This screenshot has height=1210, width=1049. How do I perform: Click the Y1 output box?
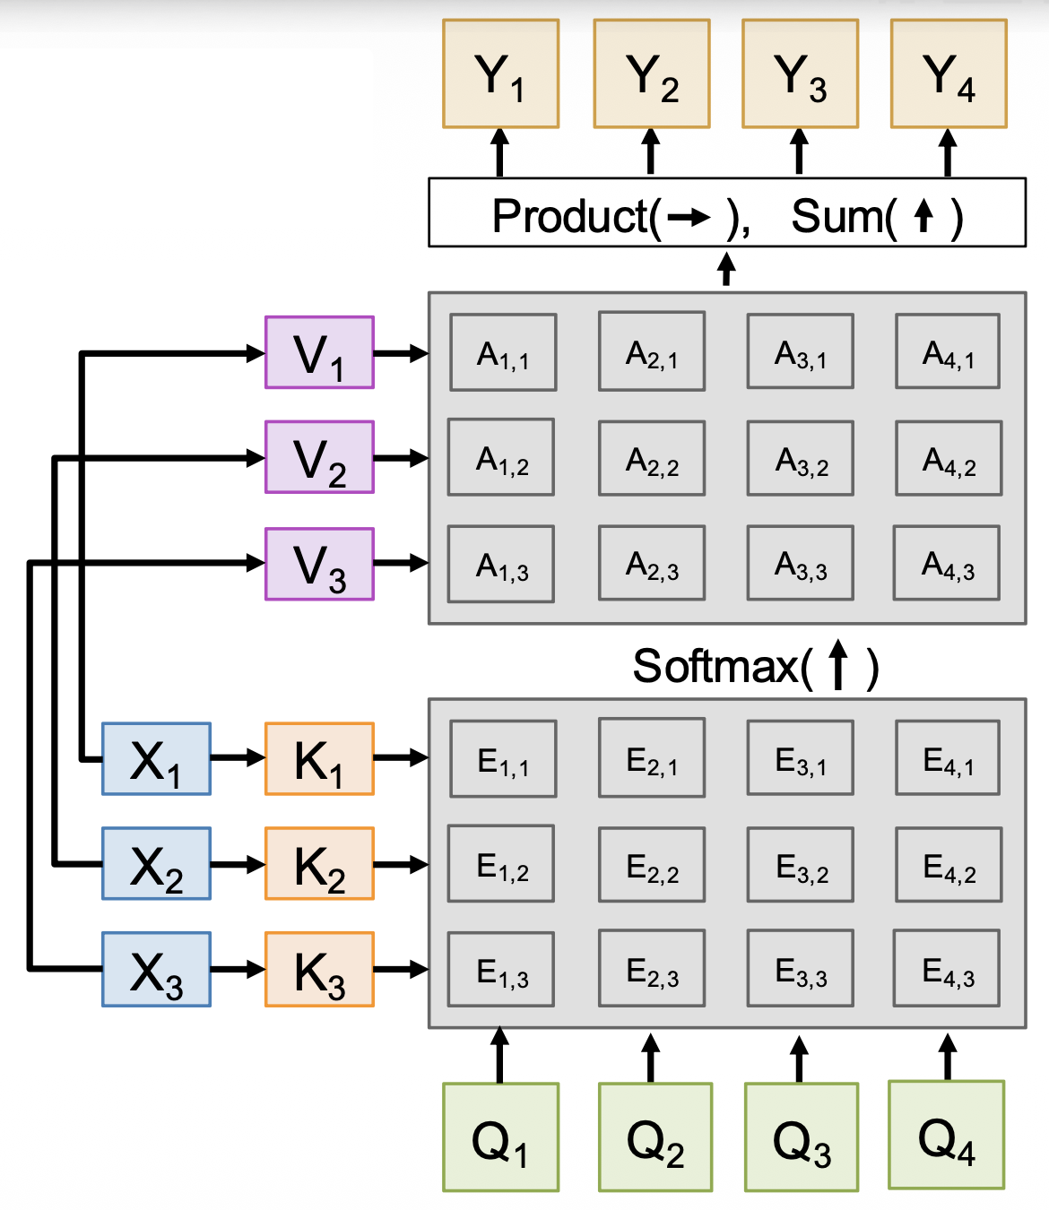pyautogui.click(x=500, y=73)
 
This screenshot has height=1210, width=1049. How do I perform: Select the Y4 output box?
pyautogui.click(x=949, y=73)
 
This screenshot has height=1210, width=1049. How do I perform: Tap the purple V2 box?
pyautogui.click(x=319, y=457)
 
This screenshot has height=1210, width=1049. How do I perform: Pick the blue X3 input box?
pyautogui.click(x=156, y=969)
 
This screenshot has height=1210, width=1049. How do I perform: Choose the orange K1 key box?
pyautogui.click(x=319, y=759)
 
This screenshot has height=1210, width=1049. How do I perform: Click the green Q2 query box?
pyautogui.click(x=655, y=1137)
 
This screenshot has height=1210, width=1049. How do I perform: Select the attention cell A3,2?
pyautogui.click(x=801, y=458)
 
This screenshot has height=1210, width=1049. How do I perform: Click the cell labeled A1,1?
pyautogui.click(x=503, y=352)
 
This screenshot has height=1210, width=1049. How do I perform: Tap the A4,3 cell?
pyautogui.click(x=947, y=563)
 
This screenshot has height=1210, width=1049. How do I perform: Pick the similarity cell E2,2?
pyautogui.click(x=652, y=865)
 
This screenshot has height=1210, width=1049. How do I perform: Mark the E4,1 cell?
pyautogui.click(x=948, y=758)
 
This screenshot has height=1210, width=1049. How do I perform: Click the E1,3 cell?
pyautogui.click(x=501, y=970)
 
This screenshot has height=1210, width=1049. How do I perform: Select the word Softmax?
pyautogui.click(x=715, y=666)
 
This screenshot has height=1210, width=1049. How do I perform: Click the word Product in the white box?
pyautogui.click(x=570, y=216)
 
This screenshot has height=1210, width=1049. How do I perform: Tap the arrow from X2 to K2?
pyautogui.click(x=238, y=865)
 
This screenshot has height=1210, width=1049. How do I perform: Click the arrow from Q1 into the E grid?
pyautogui.click(x=500, y=1055)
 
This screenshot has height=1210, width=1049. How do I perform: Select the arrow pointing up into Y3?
pyautogui.click(x=799, y=151)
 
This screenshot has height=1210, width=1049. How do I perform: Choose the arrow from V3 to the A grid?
pyautogui.click(x=401, y=563)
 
